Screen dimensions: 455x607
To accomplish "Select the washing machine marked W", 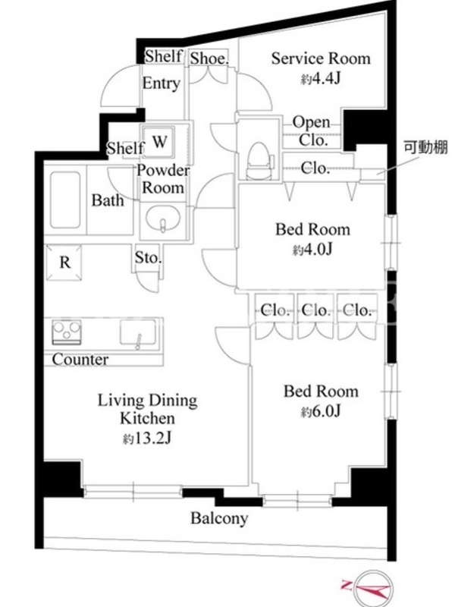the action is [x=158, y=141].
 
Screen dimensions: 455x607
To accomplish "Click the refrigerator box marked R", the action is [x=64, y=262].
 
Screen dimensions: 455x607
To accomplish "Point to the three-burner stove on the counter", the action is [x=67, y=332].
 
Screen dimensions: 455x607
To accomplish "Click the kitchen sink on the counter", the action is [x=139, y=332].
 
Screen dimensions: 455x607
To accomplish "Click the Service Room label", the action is [x=321, y=58].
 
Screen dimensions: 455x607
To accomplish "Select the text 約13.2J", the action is [x=147, y=439].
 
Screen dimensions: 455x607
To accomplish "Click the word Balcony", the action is [x=219, y=518].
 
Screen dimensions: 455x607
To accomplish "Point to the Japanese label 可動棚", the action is [x=425, y=147].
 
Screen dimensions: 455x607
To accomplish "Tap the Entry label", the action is [x=162, y=83].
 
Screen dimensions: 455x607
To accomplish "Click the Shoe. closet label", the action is [x=209, y=58].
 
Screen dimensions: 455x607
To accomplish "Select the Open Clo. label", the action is [x=312, y=131].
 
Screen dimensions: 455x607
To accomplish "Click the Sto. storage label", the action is [x=148, y=257].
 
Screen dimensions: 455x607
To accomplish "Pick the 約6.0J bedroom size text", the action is [x=321, y=411].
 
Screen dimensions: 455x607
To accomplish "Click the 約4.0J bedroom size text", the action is [x=312, y=250].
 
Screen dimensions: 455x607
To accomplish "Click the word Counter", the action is [x=80, y=359].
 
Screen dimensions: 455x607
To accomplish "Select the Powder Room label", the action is [x=163, y=179].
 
